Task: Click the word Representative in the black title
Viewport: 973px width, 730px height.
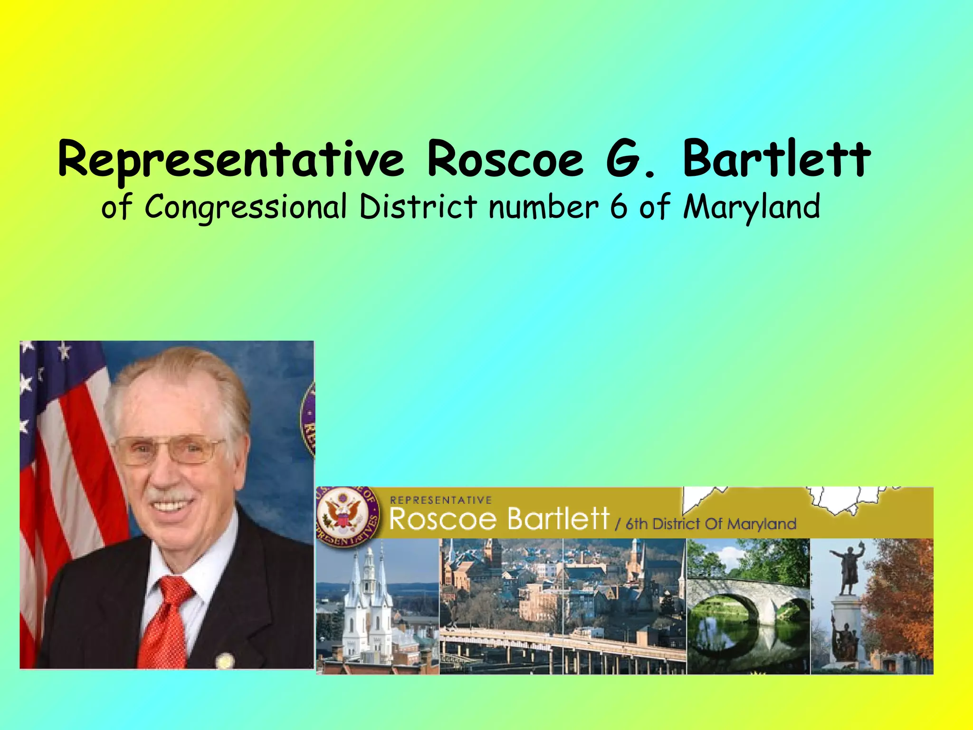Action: point(231,159)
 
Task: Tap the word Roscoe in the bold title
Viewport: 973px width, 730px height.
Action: point(505,159)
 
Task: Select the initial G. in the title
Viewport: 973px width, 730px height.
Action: point(630,159)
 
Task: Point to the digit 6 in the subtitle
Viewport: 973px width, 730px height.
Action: point(618,207)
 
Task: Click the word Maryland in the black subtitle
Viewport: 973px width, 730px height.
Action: point(752,208)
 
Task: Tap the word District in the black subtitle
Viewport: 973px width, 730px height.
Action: point(418,207)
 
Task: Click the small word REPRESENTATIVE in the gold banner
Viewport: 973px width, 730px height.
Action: point(440,500)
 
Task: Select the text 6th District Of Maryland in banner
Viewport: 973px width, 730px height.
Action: point(710,524)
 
